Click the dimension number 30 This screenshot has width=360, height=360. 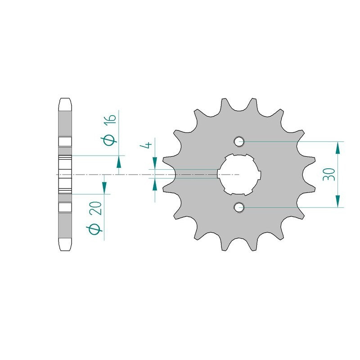[329, 174]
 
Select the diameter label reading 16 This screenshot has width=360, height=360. [110, 120]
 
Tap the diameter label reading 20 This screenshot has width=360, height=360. [96, 208]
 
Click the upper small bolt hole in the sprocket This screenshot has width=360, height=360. [239, 141]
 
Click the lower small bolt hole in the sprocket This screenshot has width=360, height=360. [239, 207]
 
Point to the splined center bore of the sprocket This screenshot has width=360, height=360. [239, 175]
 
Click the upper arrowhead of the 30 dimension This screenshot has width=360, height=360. [337, 148]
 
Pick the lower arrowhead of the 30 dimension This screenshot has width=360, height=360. [337, 201]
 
